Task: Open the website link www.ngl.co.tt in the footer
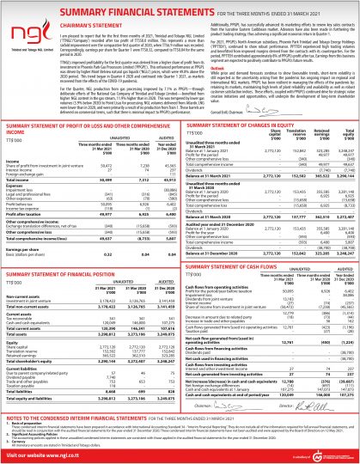[52, 455]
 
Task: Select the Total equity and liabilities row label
[34, 400]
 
